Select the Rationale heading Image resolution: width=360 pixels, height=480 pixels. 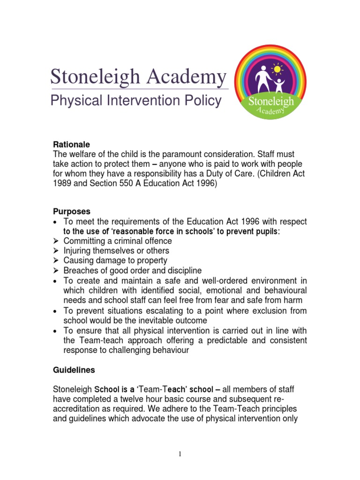pos(71,145)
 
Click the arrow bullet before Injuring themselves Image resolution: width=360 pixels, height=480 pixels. pos(55,251)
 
